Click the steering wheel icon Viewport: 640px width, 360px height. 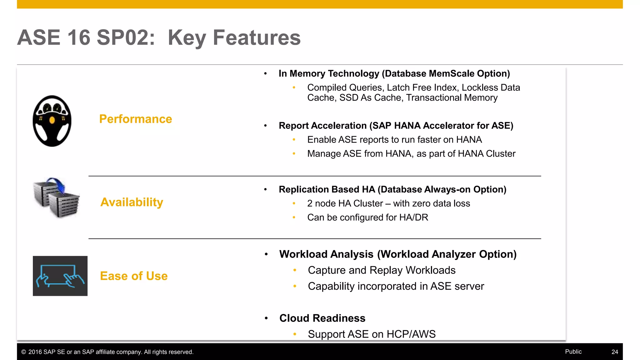(52, 121)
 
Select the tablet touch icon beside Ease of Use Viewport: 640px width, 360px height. (60, 276)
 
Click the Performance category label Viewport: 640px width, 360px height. (135, 119)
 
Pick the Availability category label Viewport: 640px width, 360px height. (132, 202)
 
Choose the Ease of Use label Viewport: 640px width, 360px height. (134, 276)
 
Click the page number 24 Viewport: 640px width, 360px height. (614, 352)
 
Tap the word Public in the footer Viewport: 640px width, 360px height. (573, 352)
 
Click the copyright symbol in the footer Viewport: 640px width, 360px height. (24, 352)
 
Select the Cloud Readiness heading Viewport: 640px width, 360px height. (322, 318)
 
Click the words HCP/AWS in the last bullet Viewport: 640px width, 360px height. (411, 334)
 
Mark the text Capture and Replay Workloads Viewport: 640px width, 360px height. (382, 270)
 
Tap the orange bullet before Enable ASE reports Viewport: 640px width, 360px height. (294, 140)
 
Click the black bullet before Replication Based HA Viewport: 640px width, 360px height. (265, 189)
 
